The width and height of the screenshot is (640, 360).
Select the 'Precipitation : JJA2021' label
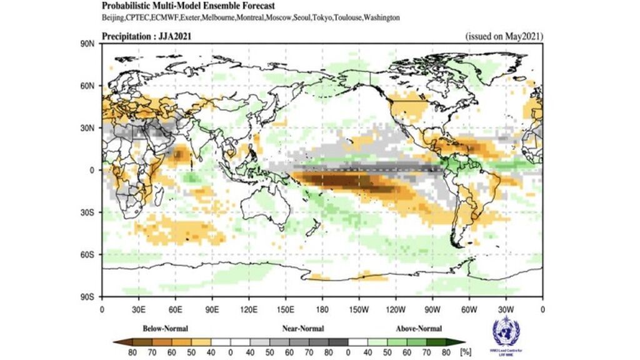point(146,36)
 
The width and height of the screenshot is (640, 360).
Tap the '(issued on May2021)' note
point(504,36)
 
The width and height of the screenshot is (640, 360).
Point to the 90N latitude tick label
point(88,44)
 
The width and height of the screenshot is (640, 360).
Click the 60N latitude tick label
point(88,86)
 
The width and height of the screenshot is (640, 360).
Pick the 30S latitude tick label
point(88,212)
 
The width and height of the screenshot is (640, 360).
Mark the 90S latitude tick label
point(88,297)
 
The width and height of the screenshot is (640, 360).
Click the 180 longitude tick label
point(322,307)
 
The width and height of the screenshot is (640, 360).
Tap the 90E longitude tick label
point(212,307)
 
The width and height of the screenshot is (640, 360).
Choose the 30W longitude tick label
point(506,307)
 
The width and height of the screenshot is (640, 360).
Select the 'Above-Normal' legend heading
point(419,327)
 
